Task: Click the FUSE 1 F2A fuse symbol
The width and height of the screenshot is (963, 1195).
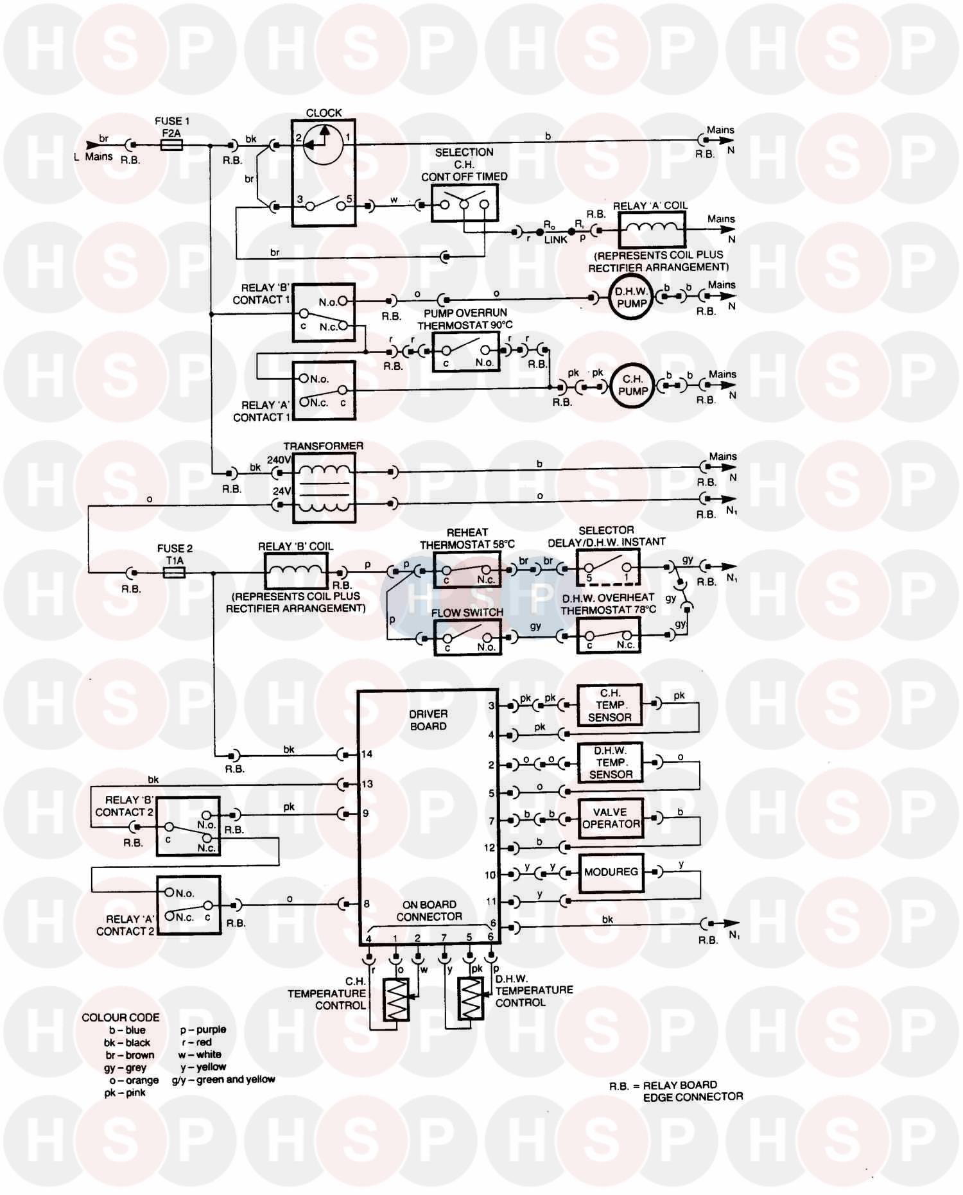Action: coord(171,146)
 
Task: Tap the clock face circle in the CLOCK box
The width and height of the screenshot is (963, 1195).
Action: coord(323,146)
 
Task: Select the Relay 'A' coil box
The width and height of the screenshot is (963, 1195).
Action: coord(652,229)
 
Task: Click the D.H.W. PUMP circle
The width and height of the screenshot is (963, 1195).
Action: coord(630,297)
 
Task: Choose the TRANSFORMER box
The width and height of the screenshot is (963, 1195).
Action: coord(324,488)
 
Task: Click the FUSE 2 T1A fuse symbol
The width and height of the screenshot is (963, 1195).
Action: coord(174,572)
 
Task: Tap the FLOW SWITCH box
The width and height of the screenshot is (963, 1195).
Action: coord(467,638)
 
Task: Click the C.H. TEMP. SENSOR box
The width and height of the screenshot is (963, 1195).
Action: coord(609,705)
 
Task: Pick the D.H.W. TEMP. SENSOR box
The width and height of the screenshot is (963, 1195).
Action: coord(611,762)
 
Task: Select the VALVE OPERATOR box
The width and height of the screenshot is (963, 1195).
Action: coord(611,818)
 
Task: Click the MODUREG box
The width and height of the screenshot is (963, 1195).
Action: coord(611,872)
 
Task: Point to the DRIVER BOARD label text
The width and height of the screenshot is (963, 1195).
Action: coord(428,720)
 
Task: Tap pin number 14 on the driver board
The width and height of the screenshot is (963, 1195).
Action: coord(367,754)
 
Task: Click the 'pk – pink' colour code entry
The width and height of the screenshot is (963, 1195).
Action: coord(125,1093)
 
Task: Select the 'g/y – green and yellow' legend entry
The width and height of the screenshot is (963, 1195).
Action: coord(223,1080)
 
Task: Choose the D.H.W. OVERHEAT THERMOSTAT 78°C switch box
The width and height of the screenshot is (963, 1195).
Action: coord(608,636)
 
